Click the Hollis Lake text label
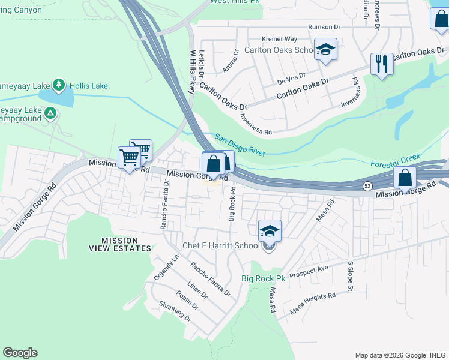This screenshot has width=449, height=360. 88,86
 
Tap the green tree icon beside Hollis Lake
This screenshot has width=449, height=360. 59,85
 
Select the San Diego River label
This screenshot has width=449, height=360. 240,145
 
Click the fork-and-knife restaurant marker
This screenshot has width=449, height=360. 381,64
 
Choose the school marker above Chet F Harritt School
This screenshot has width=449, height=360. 270,230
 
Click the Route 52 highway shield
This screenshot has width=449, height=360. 367,186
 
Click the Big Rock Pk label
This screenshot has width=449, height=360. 263,278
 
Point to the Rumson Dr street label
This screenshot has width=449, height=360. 324,27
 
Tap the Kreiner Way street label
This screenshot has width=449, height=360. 265,38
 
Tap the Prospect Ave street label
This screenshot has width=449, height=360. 309,272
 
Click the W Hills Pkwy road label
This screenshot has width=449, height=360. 193,71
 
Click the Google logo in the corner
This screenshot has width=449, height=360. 20,353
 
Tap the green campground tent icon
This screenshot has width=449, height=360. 51,112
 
